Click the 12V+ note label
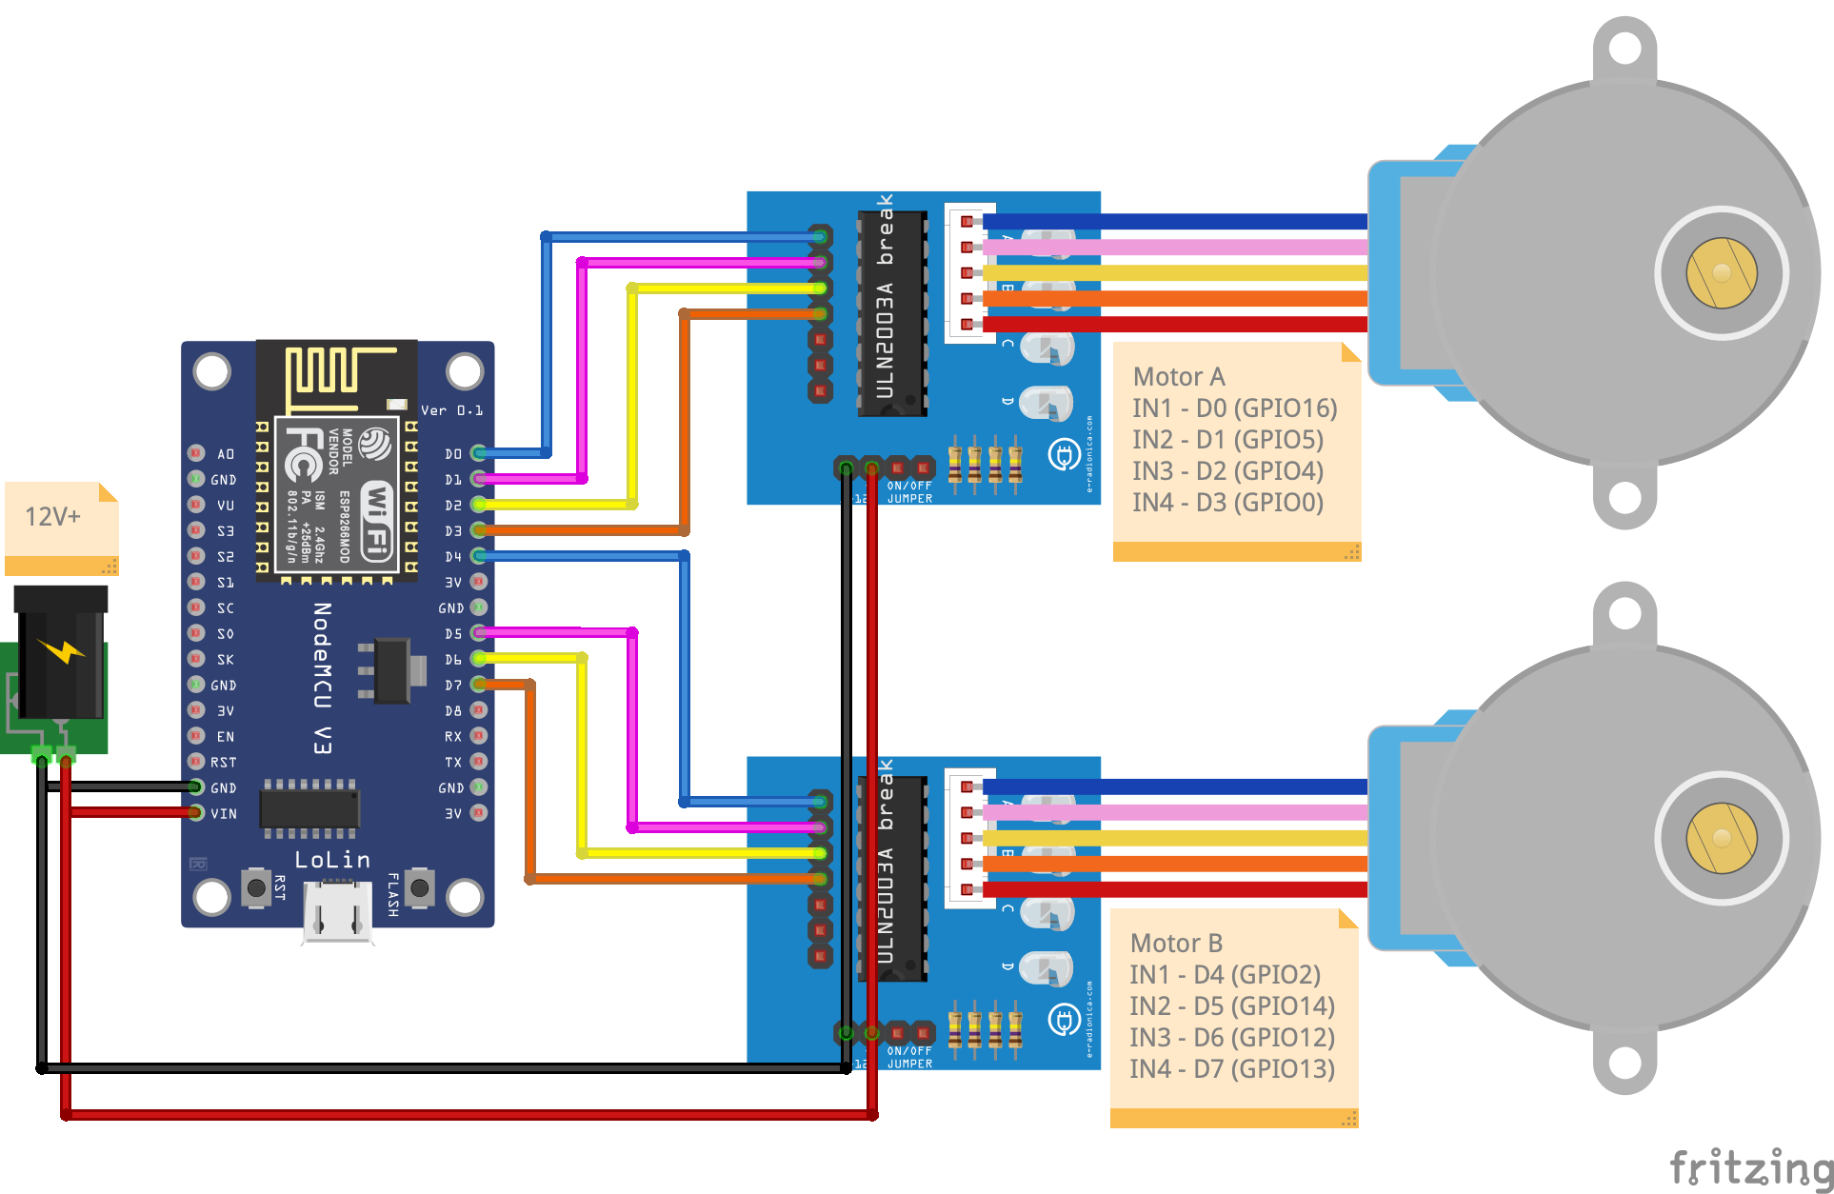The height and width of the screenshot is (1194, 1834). (x=53, y=517)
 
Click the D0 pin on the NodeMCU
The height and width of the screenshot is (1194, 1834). (x=479, y=453)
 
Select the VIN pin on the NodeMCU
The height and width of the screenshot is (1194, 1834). (x=196, y=813)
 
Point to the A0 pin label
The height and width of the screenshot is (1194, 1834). (x=226, y=454)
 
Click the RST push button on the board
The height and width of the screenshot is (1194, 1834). (x=256, y=888)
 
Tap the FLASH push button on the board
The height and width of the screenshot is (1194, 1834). (x=419, y=888)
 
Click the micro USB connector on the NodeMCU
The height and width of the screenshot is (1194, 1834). (x=337, y=912)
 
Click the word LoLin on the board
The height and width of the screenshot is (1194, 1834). (x=332, y=860)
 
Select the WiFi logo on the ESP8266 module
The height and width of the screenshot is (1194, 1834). (x=377, y=519)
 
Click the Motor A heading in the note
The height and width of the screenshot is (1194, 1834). (x=1179, y=377)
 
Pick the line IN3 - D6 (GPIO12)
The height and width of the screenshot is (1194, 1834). (x=1231, y=1038)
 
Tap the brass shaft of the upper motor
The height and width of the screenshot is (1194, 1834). (x=1721, y=273)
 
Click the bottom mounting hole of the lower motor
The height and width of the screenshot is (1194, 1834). (x=1625, y=1061)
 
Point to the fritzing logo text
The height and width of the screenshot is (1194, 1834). (x=1750, y=1167)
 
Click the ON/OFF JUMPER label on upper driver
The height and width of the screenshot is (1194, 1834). (x=909, y=492)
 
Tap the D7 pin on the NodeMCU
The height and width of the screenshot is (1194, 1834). (x=479, y=685)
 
